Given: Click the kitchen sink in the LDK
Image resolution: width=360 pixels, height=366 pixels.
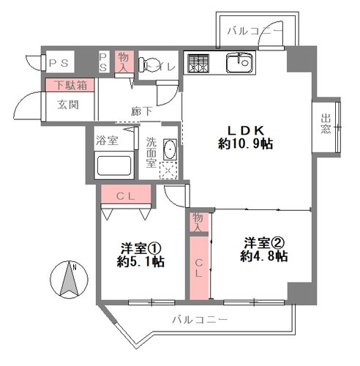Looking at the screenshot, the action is pos(239,63).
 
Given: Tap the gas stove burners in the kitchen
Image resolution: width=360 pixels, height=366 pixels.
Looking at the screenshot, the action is pos(198,64).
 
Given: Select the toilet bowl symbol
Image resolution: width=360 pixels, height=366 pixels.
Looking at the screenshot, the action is pos(148,64).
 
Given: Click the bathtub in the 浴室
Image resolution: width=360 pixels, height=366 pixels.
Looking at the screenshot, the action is pos(114,165).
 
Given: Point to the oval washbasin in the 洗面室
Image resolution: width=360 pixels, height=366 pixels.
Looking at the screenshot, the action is pos(170,149).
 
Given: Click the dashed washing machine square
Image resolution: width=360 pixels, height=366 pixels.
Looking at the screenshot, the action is pos(168,171).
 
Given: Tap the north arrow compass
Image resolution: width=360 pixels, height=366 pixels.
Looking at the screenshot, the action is pos(69,279).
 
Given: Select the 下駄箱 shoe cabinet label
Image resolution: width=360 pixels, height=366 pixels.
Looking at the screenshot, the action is pos(70,85).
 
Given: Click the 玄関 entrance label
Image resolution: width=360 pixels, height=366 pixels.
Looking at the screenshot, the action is pos(68,105).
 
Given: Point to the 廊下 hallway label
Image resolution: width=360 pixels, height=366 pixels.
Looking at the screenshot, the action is pos(142,111).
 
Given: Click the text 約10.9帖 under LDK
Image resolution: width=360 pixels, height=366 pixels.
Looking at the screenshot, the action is pos(246,143).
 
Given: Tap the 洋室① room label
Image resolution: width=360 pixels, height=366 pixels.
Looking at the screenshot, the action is pos(141,248).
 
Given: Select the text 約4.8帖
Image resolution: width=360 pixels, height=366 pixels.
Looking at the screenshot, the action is pos(263,256).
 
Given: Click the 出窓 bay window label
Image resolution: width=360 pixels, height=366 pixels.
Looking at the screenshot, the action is pos(326,124).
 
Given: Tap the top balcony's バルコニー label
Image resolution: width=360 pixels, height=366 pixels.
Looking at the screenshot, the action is pos(255,31).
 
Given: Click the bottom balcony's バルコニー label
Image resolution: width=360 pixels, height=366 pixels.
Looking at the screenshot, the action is pos(200,319).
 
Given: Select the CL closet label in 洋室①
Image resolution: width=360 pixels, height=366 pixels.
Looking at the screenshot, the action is pos(125,196).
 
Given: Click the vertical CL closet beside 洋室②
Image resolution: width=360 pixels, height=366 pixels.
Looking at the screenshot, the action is pos(199,268).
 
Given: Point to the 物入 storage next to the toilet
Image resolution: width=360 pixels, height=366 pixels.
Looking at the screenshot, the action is pos(124,61).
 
